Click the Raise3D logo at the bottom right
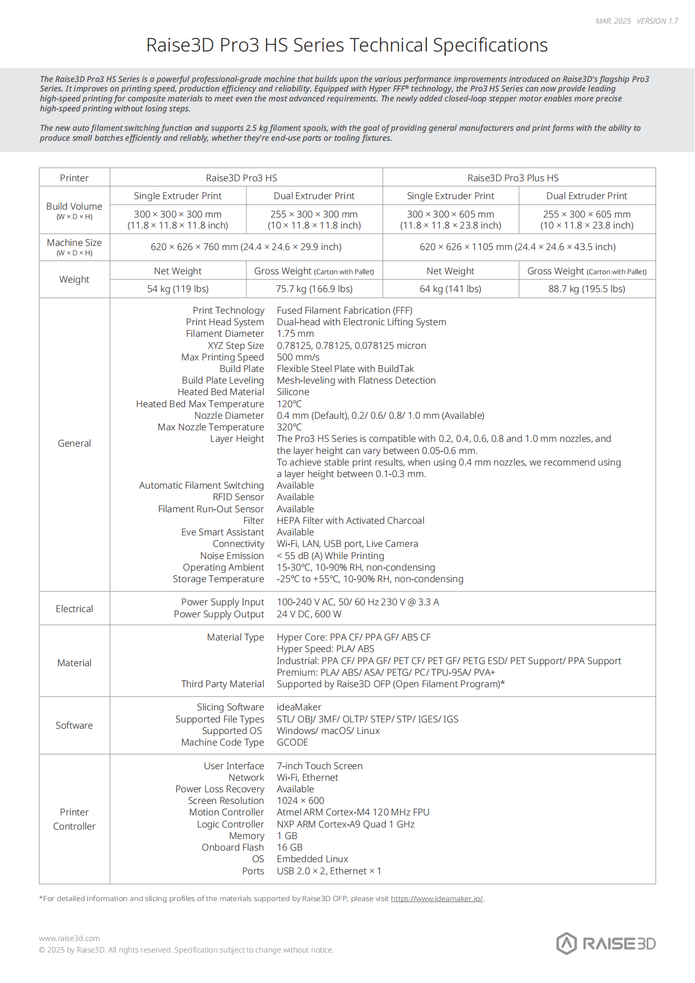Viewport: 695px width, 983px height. pyautogui.click(x=606, y=944)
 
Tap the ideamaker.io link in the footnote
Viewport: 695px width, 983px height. pyautogui.click(x=437, y=898)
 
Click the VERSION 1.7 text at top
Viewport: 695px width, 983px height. pyautogui.click(x=657, y=21)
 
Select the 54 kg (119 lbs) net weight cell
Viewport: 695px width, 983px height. pyautogui.click(x=178, y=289)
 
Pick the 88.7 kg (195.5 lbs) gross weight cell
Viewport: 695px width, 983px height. pyautogui.click(x=586, y=289)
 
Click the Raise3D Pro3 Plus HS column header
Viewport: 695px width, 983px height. pyautogui.click(x=513, y=178)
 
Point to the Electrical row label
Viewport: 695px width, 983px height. pyautogui.click(x=74, y=608)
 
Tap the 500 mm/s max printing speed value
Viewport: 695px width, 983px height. pyautogui.click(x=298, y=357)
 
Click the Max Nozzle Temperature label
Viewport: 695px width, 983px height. pyautogui.click(x=211, y=427)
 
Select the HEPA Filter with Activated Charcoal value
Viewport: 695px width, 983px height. pyautogui.click(x=350, y=521)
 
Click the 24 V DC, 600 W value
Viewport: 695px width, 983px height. pyautogui.click(x=309, y=614)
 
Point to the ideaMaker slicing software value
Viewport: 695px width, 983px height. pyautogui.click(x=299, y=707)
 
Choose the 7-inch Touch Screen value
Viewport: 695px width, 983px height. pyautogui.click(x=319, y=766)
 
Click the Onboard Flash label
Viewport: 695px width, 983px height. pyautogui.click(x=233, y=847)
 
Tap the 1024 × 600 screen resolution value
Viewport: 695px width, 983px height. pyautogui.click(x=300, y=801)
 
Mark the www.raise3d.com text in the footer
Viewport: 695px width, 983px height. pyautogui.click(x=69, y=938)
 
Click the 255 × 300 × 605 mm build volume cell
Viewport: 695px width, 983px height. pyautogui.click(x=586, y=214)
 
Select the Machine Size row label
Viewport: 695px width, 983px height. pyautogui.click(x=74, y=243)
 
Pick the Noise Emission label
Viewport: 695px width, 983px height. pyautogui.click(x=232, y=556)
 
